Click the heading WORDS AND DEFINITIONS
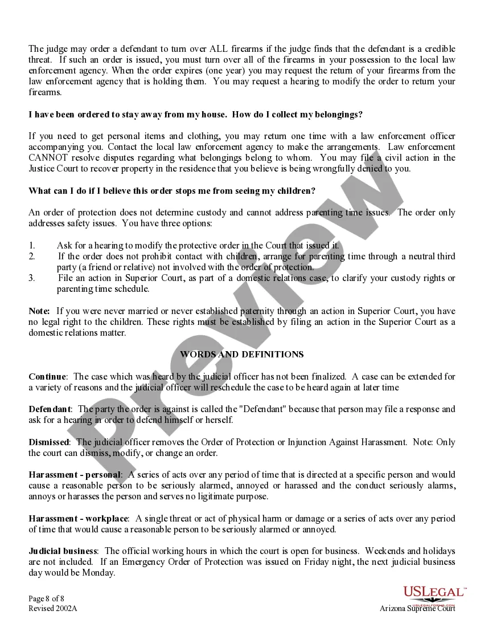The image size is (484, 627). [x=241, y=355]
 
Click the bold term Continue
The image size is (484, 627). [x=47, y=377]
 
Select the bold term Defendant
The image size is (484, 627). [x=50, y=409]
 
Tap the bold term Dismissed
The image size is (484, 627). [x=49, y=442]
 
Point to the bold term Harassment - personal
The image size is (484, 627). [x=75, y=475]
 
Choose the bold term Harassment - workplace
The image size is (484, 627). [x=78, y=519]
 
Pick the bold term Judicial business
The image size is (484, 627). [x=63, y=551]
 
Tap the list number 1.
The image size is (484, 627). [x=32, y=246]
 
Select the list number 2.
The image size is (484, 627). [x=32, y=256]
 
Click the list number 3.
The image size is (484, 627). [x=32, y=278]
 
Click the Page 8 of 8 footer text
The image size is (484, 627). [x=47, y=598]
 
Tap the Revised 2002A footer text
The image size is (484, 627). [x=52, y=608]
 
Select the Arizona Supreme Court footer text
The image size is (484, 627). [x=417, y=609]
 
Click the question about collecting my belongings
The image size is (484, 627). [x=195, y=115]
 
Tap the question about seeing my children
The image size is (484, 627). [x=171, y=191]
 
